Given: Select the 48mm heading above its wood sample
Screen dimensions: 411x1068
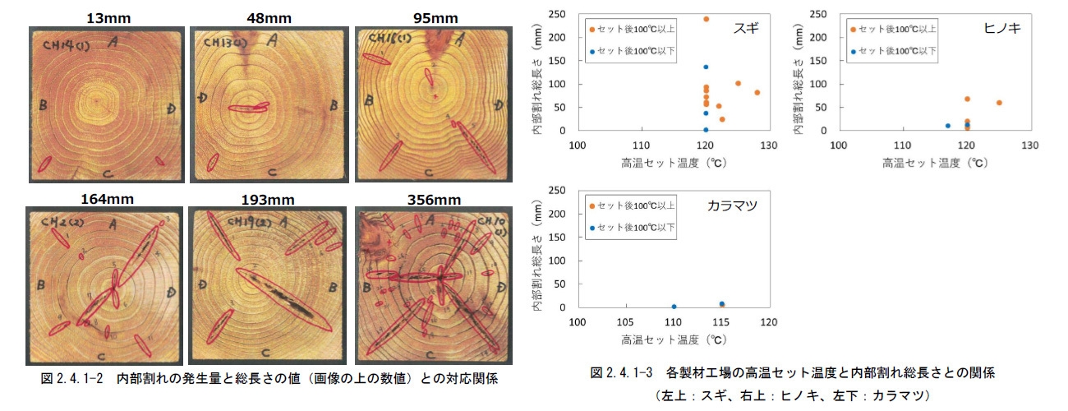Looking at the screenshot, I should (259, 18).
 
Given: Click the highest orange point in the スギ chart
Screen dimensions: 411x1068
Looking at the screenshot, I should (706, 18).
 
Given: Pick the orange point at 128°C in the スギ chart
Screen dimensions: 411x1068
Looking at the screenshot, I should (757, 93).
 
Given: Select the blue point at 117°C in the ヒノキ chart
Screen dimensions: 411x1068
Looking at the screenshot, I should (948, 126).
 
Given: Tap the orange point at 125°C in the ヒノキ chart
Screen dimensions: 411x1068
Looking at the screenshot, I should (999, 103).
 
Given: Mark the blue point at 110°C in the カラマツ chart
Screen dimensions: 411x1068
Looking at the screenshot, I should (674, 307).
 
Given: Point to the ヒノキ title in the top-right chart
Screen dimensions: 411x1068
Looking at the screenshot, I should (1001, 28).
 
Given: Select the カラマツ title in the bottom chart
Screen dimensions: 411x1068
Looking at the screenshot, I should (730, 205).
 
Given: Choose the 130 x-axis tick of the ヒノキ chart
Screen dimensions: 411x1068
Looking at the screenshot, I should (1030, 145).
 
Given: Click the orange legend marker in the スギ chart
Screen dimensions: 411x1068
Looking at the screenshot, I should (592, 30).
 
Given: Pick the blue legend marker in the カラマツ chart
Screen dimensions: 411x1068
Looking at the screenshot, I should (592, 228).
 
